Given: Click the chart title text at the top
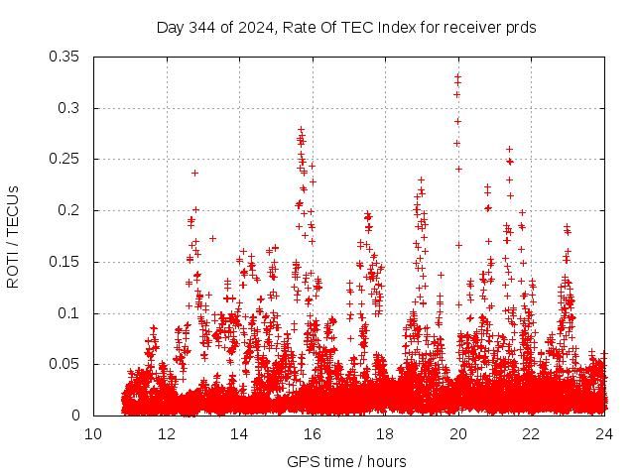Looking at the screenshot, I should click(346, 28).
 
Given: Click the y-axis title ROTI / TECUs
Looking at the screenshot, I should click(13, 236).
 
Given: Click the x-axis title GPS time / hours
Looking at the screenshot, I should click(346, 461).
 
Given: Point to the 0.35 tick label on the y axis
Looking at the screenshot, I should click(65, 57).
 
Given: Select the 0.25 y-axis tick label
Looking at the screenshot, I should click(65, 159).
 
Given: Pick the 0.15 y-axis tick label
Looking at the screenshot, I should click(65, 262).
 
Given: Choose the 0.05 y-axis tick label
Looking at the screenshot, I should click(65, 364).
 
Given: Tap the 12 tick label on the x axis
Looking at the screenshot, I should click(167, 434).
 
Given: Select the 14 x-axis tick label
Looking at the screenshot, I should click(239, 434).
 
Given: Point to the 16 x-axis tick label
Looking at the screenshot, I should click(313, 434).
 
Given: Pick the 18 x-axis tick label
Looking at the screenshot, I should click(385, 434).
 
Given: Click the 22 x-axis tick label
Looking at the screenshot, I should click(532, 434).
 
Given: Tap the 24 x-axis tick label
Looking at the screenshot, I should click(604, 434).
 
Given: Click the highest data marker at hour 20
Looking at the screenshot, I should click(458, 75).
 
